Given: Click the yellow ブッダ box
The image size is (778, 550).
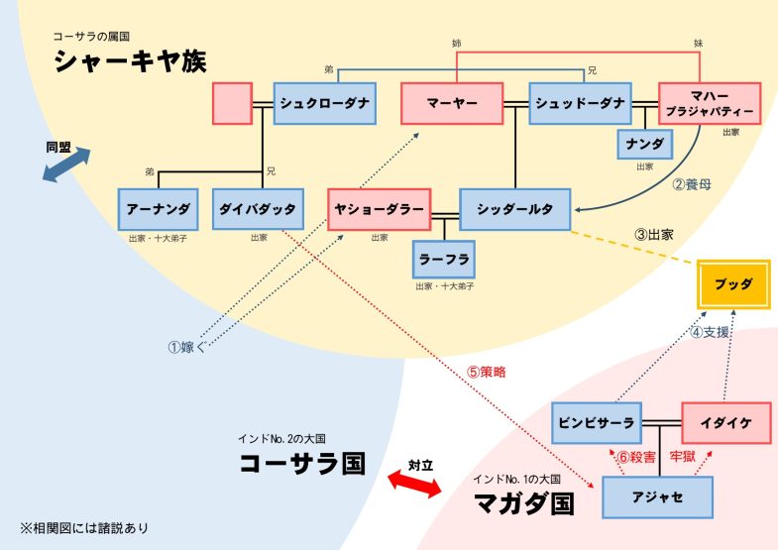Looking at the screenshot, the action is click(733, 284).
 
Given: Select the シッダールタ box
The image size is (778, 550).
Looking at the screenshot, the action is click(515, 209).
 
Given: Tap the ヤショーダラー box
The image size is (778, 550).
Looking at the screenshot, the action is click(379, 209).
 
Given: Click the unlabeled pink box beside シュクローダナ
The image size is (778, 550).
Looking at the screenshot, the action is click(232, 103).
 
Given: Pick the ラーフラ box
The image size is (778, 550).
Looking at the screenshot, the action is click(444, 260).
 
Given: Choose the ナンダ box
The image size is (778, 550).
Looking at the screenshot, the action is click(645, 145).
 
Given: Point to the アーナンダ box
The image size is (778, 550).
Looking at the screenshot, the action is click(159, 209).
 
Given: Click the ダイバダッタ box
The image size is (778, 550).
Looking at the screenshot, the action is click(258, 209).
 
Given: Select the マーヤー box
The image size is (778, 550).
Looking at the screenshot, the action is click(452, 103).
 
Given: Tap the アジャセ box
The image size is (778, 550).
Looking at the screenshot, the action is click(657, 497).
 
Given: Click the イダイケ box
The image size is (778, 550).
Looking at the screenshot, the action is click(726, 423).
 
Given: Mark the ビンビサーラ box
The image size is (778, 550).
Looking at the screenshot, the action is click(597, 423).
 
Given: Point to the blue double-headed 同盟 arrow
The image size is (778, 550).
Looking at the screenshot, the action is click(66, 165).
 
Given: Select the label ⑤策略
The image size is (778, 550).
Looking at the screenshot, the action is click(487, 372).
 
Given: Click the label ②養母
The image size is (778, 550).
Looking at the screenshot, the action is click(692, 184).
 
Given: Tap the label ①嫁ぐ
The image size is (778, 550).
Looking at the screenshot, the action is click(187, 347).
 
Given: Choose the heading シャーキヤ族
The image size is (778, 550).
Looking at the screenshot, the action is click(130, 61).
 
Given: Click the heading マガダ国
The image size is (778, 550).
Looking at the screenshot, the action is click(524, 503).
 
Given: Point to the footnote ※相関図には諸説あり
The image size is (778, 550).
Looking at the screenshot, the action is click(84, 528).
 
